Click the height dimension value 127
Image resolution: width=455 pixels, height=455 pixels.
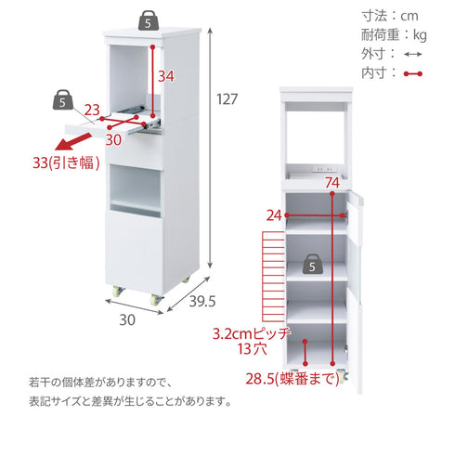click(227, 99)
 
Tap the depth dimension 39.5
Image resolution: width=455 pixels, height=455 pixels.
click(202, 301)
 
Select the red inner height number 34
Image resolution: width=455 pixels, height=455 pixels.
click(166, 76)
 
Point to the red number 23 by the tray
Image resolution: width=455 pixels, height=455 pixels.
click(92, 110)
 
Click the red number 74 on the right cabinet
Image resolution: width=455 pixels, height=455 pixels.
click(332, 183)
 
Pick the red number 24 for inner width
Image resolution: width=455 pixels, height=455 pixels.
click(274, 215)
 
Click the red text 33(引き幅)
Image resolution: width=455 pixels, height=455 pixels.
click(66, 162)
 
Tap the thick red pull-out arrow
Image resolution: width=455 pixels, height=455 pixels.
click(73, 141)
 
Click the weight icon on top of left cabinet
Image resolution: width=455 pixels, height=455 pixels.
click(149, 20)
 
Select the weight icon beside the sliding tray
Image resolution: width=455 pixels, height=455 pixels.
click(63, 99)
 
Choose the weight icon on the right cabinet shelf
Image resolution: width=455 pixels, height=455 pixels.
click(313, 264)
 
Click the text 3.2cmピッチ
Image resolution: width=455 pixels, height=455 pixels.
click(252, 333)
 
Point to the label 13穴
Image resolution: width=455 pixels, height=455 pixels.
click(252, 349)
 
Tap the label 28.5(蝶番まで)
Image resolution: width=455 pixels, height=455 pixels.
click(292, 378)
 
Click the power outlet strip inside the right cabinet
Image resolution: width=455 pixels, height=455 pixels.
click(324, 169)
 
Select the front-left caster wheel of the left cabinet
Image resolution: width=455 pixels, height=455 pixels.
click(118, 292)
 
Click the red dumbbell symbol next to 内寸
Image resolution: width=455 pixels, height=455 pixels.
click(413, 74)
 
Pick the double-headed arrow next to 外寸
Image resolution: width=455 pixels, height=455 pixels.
click(413, 55)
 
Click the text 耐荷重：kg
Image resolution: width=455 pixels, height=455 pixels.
click(394, 34)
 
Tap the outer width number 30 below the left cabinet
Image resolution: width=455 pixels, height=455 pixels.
click(127, 319)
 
